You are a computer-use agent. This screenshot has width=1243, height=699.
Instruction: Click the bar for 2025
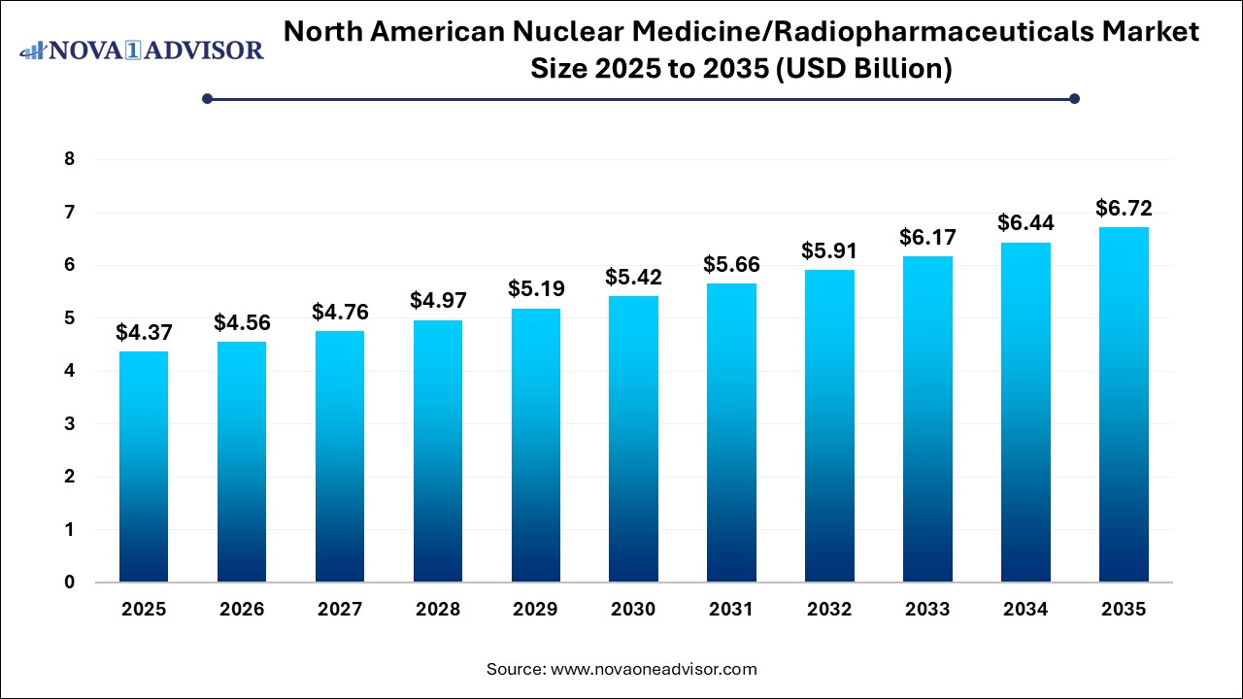[144, 467]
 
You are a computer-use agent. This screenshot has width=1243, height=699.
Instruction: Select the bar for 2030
[633, 439]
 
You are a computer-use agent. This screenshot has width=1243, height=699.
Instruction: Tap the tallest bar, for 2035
[1123, 405]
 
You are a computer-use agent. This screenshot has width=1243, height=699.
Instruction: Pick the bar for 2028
[437, 451]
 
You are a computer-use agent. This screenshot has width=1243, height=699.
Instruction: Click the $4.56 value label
[241, 323]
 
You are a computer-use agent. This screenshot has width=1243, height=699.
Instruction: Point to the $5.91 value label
[828, 250]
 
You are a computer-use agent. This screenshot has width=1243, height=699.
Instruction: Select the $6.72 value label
[1123, 208]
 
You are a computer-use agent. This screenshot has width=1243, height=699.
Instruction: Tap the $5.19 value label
[535, 289]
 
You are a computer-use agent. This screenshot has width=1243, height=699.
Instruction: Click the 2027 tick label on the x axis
[339, 610]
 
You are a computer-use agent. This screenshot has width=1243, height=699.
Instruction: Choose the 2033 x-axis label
[926, 610]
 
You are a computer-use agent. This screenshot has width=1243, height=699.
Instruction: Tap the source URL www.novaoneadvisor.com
[654, 669]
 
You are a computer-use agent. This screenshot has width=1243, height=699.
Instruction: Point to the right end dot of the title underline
[1074, 98]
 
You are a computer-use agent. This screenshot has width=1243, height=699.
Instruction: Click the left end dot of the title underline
[207, 98]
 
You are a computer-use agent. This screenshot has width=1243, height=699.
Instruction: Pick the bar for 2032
[828, 426]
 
